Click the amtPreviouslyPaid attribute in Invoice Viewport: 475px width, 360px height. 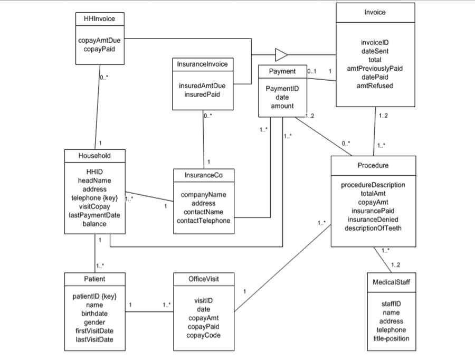tap(375, 68)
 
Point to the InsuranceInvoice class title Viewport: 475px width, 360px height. tap(203, 64)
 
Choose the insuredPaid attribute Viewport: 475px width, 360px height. tap(203, 94)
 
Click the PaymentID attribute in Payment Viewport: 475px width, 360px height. tap(282, 89)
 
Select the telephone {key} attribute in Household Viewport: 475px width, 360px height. tap(94, 198)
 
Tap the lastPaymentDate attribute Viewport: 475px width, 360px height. tap(94, 215)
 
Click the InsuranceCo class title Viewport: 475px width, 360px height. tap(203, 175)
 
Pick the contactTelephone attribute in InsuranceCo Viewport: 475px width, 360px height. tap(203, 221)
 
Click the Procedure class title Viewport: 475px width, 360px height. tap(373, 165)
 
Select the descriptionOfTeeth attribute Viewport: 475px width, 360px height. tap(373, 228)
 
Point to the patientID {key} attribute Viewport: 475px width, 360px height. tap(94, 297)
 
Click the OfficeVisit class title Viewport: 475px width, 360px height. tap(203, 279)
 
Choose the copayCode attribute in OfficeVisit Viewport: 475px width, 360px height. tap(203, 335)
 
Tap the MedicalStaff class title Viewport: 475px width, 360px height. tap(391, 282)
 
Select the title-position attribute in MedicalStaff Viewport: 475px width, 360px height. tap(391, 338)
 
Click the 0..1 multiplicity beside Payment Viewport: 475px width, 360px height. tap(311, 71)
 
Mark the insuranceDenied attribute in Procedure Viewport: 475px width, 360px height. tap(373, 219)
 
